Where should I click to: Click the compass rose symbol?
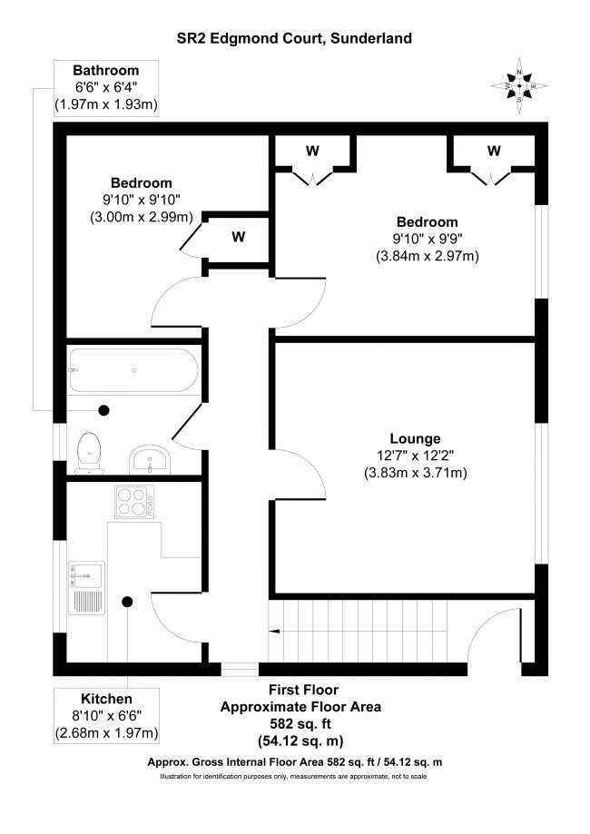pyautogui.click(x=519, y=85)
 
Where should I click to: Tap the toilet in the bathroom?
pyautogui.click(x=89, y=453)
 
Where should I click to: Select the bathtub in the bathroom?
pyautogui.click(x=133, y=370)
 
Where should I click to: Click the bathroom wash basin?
pyautogui.click(x=150, y=460)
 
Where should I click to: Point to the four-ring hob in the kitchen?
pyautogui.click(x=134, y=502)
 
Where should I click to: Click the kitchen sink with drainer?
pyautogui.click(x=86, y=588)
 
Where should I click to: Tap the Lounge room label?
pyautogui.click(x=415, y=438)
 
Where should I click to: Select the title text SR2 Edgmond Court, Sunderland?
pyautogui.click(x=294, y=38)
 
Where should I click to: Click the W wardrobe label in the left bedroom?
pyautogui.click(x=239, y=236)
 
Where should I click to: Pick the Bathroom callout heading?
pyautogui.click(x=106, y=70)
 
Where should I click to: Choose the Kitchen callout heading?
pyautogui.click(x=106, y=699)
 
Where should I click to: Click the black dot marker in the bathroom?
pyautogui.click(x=104, y=410)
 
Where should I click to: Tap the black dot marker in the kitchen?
pyautogui.click(x=127, y=602)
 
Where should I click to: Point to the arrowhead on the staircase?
pyautogui.click(x=274, y=632)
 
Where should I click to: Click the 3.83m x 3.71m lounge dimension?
pyautogui.click(x=416, y=472)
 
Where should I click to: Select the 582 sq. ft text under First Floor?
pyautogui.click(x=300, y=724)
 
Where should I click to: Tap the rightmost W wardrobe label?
pyautogui.click(x=494, y=151)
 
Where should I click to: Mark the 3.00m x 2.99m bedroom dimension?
pyautogui.click(x=141, y=217)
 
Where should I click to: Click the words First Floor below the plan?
pyautogui.click(x=303, y=690)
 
